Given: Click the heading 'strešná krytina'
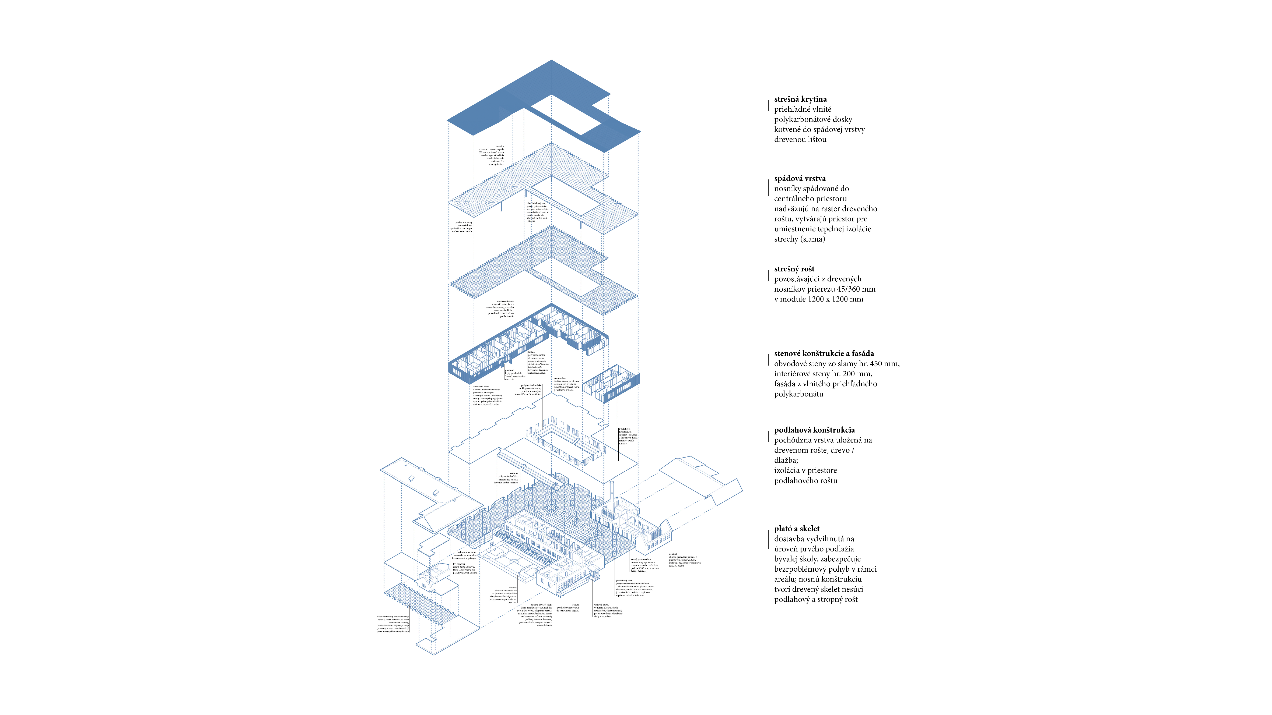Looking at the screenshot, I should (x=800, y=99).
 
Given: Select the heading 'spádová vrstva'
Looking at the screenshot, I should (x=800, y=179).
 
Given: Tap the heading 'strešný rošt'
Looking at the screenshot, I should (x=794, y=269).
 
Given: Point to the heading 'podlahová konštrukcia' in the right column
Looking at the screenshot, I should (x=814, y=430).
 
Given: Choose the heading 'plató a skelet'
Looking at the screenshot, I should (x=797, y=529).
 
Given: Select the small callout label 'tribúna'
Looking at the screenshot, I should (x=514, y=473).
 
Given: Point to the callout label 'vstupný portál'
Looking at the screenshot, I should (x=601, y=604).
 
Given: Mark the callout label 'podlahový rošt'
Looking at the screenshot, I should (x=624, y=580).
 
